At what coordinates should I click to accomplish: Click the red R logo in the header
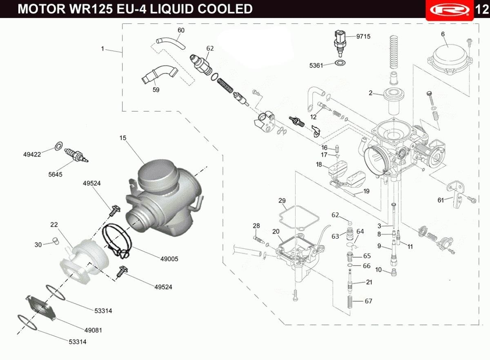point(450,9)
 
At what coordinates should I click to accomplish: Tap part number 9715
point(363,36)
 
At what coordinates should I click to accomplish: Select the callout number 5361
point(316,65)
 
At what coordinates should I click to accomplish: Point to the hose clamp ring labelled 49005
point(117,241)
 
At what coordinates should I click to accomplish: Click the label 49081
point(93,330)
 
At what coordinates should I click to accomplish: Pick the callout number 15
point(123,138)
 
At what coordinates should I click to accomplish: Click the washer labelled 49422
point(58,146)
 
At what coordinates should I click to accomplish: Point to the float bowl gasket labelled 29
point(299,217)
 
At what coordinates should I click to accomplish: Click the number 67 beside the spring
point(368,301)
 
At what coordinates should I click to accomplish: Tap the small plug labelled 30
point(56,240)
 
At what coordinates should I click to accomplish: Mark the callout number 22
point(54,224)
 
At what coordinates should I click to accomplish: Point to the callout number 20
point(276,231)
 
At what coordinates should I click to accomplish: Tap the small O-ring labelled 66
point(350,266)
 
